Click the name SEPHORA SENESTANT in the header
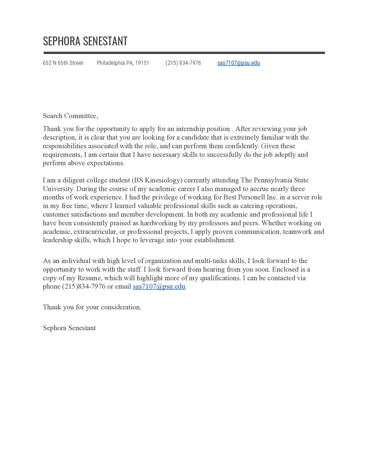point(85,41)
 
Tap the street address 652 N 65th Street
point(63,63)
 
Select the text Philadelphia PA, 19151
point(123,63)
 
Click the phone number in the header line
point(183,63)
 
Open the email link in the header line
point(238,63)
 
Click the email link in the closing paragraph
point(159,286)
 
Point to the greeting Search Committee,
point(71,116)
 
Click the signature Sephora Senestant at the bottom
point(69,328)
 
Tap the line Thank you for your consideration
point(92,307)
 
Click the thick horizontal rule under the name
point(184,53)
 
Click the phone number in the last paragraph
point(84,286)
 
